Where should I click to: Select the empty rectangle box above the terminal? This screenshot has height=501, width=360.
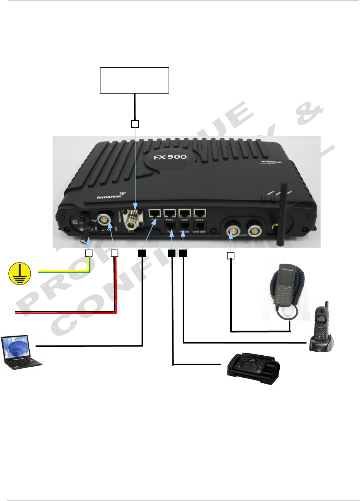134,80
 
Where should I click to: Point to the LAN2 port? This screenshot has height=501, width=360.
199,214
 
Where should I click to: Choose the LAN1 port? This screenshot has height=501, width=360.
185,214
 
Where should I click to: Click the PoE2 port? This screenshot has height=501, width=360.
169,214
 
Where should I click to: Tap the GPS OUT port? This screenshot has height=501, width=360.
199,226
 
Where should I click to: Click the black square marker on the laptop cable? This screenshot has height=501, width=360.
142,253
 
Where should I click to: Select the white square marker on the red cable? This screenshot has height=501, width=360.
114,253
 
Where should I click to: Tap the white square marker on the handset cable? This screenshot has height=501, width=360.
231,256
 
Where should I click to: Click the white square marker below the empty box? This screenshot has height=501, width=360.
135,124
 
